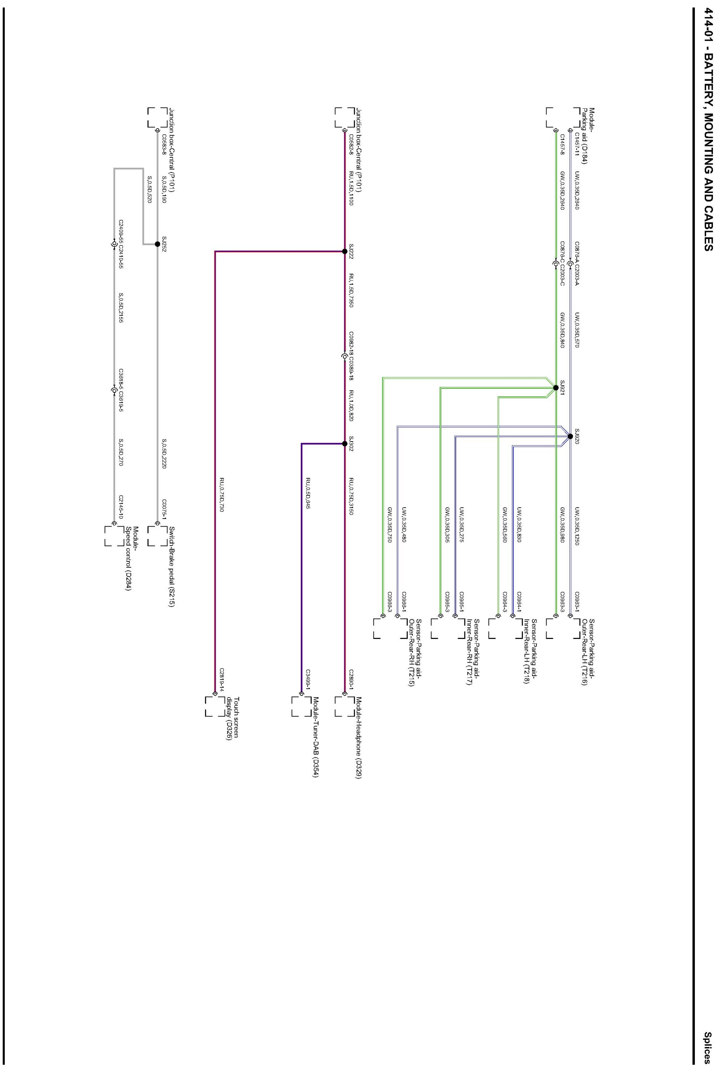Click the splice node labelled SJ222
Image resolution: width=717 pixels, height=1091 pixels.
pos(345,251)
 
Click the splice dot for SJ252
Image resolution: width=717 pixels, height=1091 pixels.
pos(157,244)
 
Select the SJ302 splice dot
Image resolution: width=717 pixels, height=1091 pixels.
pos(345,443)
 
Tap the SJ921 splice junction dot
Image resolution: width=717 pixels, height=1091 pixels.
pos(556,387)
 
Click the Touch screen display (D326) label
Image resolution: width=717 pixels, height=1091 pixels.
pos(233,718)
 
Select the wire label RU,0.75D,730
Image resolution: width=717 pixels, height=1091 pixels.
pos(221,495)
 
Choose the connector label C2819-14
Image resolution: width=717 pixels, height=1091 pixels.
pos(221,679)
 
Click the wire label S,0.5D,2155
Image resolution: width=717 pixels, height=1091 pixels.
pos(121,308)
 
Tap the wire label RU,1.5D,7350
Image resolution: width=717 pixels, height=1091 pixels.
pos(351,290)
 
